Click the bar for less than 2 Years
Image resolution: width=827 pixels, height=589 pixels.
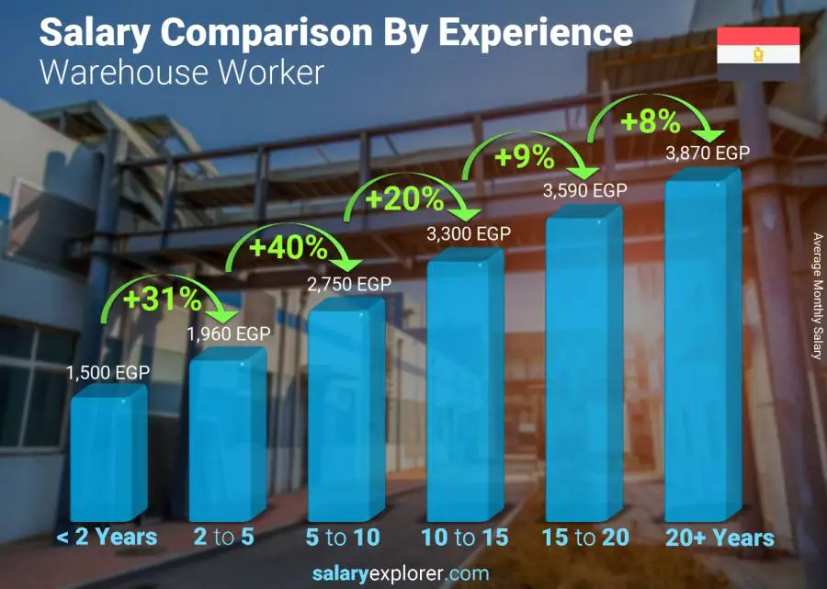[108, 455]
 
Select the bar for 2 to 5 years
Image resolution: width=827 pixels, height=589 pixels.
[227, 436]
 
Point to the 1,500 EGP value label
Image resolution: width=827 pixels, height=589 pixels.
[108, 373]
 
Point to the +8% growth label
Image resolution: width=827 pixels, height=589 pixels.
[649, 120]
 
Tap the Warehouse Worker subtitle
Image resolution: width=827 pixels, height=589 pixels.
[181, 73]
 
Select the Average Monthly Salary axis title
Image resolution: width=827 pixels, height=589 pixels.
[816, 295]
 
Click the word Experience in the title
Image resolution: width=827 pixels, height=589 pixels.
[536, 33]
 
